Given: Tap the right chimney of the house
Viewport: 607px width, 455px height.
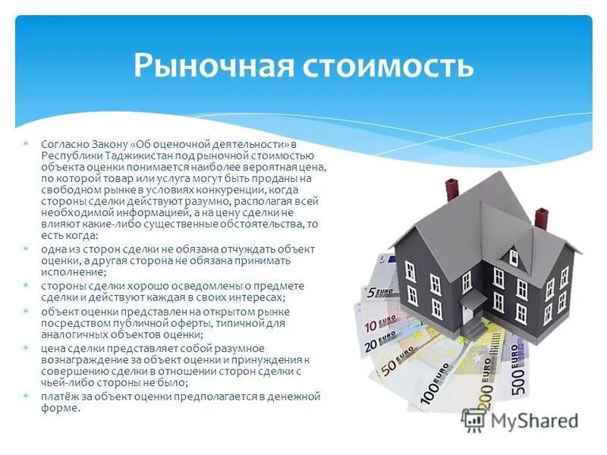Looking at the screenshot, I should (541, 218).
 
